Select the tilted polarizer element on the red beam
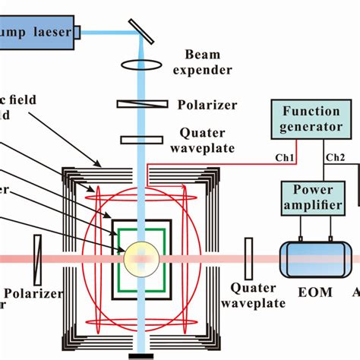pos(37,257)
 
